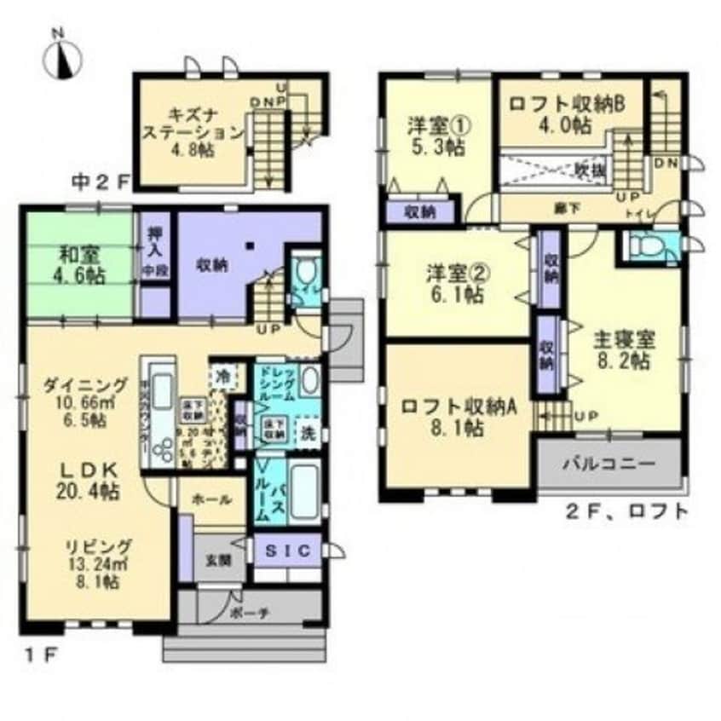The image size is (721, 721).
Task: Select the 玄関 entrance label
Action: click(214, 560)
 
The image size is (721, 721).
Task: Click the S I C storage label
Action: click(288, 550)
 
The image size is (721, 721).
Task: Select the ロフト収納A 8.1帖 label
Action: click(459, 417)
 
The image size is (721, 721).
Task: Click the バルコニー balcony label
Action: click(608, 465)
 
